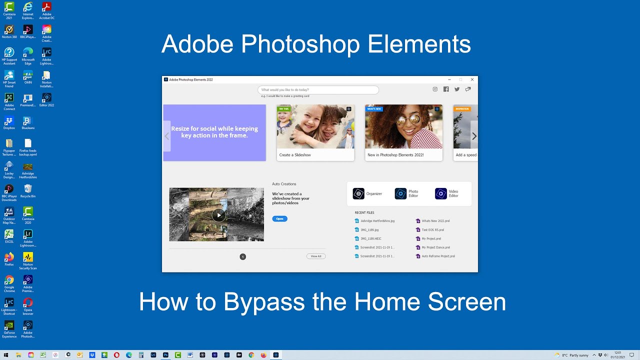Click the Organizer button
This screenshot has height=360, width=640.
pyautogui.click(x=367, y=193)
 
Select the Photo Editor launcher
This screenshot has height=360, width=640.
pyautogui.click(x=407, y=193)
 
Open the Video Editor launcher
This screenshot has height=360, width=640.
pyautogui.click(x=447, y=193)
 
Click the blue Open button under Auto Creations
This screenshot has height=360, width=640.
pyautogui.click(x=279, y=218)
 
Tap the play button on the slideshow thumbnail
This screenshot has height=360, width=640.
pyautogui.click(x=218, y=215)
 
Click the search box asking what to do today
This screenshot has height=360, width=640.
pyautogui.click(x=318, y=90)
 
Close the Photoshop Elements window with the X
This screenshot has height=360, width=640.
pyautogui.click(x=472, y=79)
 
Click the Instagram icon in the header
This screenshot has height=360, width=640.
pyautogui.click(x=435, y=89)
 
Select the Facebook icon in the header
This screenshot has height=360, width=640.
pyautogui.click(x=446, y=89)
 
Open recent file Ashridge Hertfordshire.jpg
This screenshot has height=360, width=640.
pyautogui.click(x=377, y=220)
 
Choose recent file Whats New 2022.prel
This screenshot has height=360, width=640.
pyautogui.click(x=435, y=220)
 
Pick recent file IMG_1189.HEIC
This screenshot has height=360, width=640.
pyautogui.click(x=370, y=238)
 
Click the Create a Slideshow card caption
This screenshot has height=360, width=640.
pyautogui.click(x=295, y=155)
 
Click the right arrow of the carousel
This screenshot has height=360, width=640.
pyautogui.click(x=474, y=136)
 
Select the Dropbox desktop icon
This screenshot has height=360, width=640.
pyautogui.click(x=9, y=122)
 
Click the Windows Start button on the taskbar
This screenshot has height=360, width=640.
pyautogui.click(x=6, y=355)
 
